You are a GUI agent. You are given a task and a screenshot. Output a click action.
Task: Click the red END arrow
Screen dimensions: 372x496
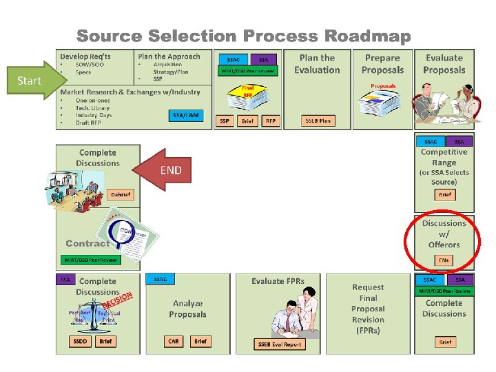(165, 170)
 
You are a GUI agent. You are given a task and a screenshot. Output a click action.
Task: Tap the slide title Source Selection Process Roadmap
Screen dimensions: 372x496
(243, 36)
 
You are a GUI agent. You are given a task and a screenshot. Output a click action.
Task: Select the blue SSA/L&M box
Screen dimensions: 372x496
(186, 115)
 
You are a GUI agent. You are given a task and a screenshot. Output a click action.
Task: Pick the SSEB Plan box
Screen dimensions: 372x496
(318, 121)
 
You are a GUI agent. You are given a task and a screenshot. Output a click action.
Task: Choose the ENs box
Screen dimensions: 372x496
(444, 260)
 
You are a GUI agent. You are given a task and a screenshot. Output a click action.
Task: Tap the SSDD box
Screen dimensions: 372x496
(80, 341)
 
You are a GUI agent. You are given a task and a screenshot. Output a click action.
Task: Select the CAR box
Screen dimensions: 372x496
(174, 341)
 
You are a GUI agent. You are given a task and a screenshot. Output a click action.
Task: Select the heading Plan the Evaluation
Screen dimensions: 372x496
(317, 64)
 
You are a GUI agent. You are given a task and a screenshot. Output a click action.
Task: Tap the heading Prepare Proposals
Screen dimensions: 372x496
(382, 64)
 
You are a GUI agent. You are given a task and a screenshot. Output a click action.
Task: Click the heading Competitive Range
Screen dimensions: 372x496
(444, 157)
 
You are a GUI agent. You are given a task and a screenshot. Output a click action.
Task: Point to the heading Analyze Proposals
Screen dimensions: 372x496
(188, 309)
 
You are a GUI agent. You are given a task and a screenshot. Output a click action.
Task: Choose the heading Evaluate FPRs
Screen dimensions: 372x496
(278, 281)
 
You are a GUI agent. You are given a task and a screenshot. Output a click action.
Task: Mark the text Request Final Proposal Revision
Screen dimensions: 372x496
(368, 304)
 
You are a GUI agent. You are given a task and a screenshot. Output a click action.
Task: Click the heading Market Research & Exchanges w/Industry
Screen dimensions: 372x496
(130, 92)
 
